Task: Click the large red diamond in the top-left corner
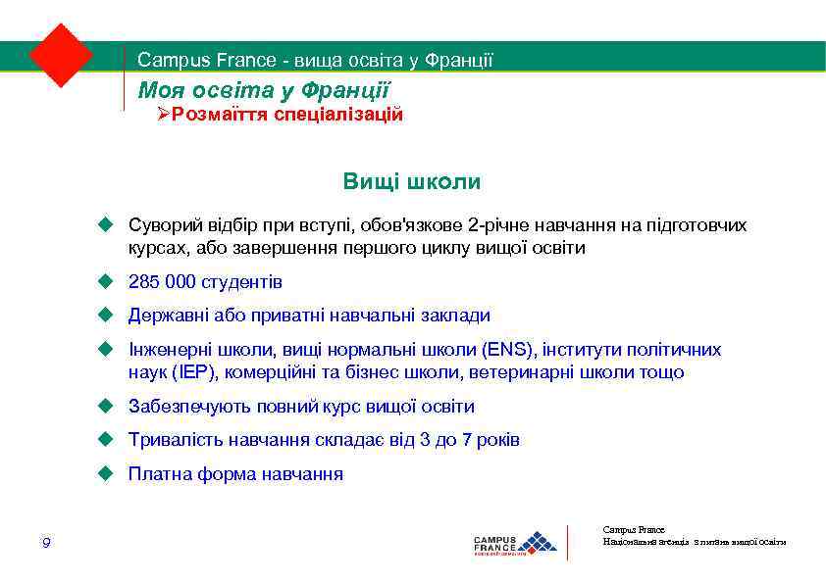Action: pos(60,54)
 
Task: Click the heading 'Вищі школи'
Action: pos(412,182)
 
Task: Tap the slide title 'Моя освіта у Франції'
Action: pos(264,90)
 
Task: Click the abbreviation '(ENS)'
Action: pos(507,350)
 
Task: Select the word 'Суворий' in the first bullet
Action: pos(160,225)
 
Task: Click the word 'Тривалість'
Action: pos(170,440)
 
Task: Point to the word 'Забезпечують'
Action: pos(181,407)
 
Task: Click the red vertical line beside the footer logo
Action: pos(568,543)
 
